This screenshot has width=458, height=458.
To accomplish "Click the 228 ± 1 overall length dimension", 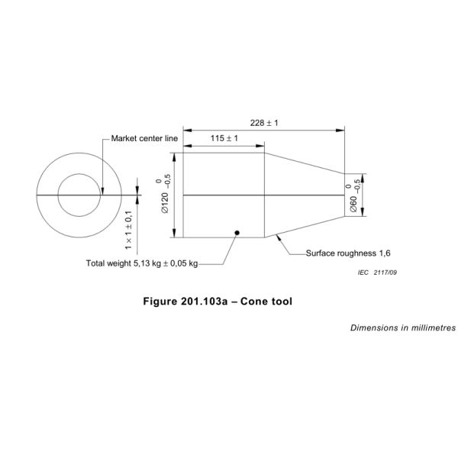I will click(x=264, y=122).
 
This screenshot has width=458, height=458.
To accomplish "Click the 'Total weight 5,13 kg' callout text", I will click(x=142, y=263).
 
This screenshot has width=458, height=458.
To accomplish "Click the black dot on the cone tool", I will click(x=237, y=232).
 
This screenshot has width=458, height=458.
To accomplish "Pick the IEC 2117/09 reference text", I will click(x=378, y=272).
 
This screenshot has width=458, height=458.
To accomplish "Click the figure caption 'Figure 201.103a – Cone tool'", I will click(x=218, y=301).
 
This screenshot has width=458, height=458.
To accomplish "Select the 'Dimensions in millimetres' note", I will click(x=402, y=327).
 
